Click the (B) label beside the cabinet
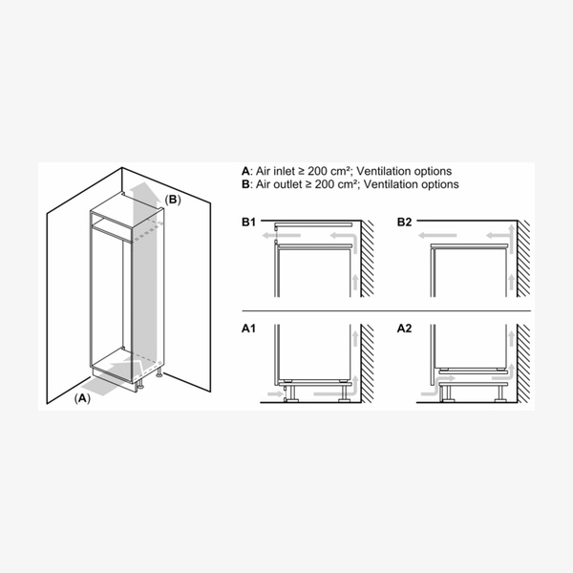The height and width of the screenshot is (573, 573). click(172, 200)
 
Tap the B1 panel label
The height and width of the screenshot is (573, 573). click(247, 223)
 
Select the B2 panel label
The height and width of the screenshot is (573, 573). click(405, 223)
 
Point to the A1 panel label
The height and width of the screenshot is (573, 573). click(247, 329)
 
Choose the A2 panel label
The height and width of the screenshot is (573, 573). click(405, 329)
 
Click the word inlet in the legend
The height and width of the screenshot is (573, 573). click(286, 171)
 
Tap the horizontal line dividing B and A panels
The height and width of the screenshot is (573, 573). click(382, 312)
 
